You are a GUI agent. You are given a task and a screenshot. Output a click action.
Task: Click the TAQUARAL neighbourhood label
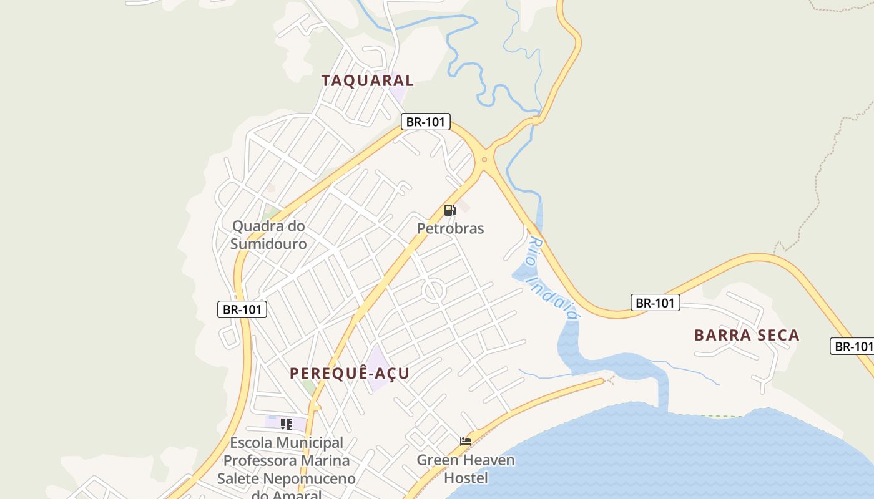(x=367, y=80)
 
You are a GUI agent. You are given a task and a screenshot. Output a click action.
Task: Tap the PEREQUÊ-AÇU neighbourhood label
(x=350, y=374)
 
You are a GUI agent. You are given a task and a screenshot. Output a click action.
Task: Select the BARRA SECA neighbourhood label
(x=747, y=336)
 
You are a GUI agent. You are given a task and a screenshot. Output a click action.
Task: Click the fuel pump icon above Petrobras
(x=449, y=210)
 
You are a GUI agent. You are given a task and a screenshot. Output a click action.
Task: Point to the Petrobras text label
(x=450, y=228)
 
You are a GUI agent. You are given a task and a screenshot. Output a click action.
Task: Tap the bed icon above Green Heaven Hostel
(x=466, y=442)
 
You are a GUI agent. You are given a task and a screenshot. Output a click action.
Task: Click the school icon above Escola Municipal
(x=287, y=425)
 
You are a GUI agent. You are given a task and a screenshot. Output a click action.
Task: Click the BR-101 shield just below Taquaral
(x=425, y=122)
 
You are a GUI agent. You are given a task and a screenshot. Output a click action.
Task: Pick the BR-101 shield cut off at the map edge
(x=853, y=347)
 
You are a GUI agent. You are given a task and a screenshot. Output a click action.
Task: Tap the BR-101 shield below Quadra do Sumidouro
(x=242, y=309)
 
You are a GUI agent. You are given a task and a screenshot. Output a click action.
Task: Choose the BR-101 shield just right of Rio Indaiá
(x=655, y=303)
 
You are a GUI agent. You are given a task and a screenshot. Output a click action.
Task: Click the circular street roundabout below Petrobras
(x=433, y=291)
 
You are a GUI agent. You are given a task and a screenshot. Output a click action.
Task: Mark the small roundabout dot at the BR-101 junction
(x=484, y=160)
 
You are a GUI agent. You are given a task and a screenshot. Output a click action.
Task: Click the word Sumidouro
(x=268, y=244)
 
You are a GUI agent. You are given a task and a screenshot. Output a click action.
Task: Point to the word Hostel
(x=466, y=478)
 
